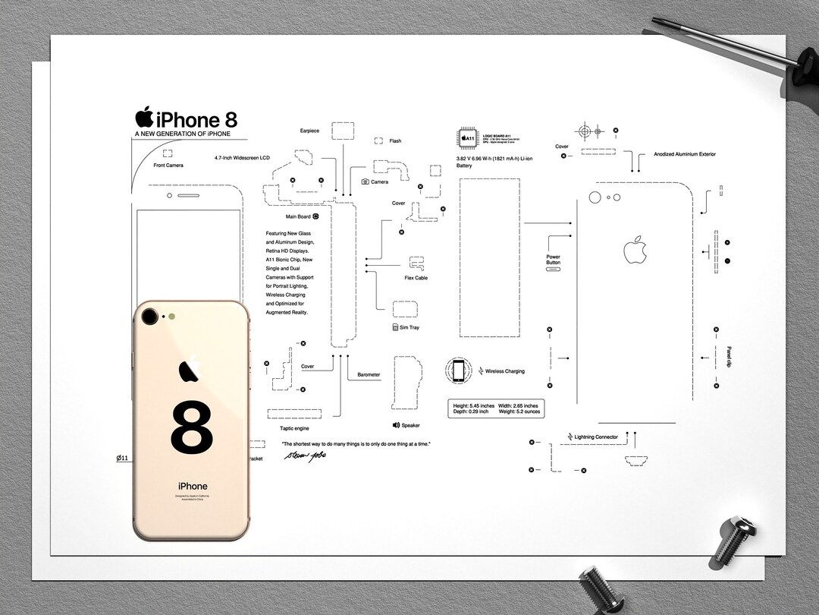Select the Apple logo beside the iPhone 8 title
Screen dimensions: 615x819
[x=144, y=118]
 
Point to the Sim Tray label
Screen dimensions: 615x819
[x=409, y=327]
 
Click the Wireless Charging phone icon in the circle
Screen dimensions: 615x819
[x=458, y=371]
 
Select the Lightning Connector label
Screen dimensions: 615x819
[x=596, y=437]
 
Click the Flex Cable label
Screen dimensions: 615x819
[x=416, y=278]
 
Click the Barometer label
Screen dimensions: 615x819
[x=369, y=375]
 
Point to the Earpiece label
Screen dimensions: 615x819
[x=309, y=131]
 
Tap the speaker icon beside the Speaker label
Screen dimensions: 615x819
[x=396, y=425]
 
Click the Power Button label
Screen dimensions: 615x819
[x=553, y=260]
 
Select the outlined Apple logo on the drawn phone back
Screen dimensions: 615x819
[x=635, y=250]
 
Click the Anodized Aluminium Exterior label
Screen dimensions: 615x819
[x=685, y=154]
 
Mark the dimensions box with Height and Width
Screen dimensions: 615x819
[x=494, y=408]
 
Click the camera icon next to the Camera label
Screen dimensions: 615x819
[x=366, y=182]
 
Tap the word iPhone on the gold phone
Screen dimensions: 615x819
[x=192, y=486]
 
